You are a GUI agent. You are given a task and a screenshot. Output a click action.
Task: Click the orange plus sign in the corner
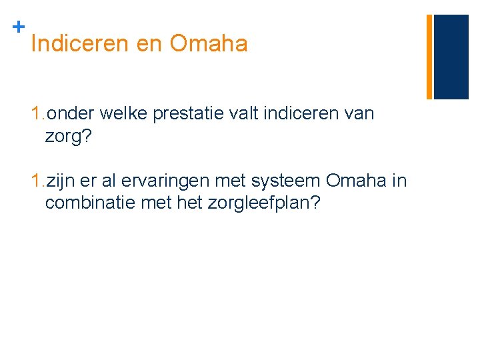[19, 27]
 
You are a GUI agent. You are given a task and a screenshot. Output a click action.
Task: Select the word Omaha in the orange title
[209, 45]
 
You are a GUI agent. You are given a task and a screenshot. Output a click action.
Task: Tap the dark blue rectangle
[451, 57]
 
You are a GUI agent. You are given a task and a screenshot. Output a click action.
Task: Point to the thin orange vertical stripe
[429, 57]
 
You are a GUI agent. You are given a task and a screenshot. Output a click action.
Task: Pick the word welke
[126, 113]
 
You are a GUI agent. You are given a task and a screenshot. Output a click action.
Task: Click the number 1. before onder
[38, 113]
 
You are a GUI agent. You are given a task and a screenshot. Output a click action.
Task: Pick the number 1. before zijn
[38, 181]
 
